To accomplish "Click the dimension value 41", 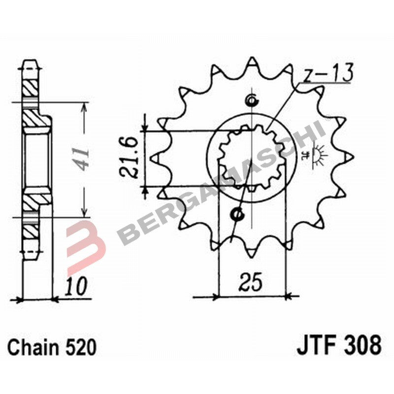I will point(81,159).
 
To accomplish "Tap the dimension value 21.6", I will point(129,159).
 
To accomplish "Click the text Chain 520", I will point(51,346).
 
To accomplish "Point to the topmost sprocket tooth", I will point(252,61).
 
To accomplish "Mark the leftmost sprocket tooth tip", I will point(152,158).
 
